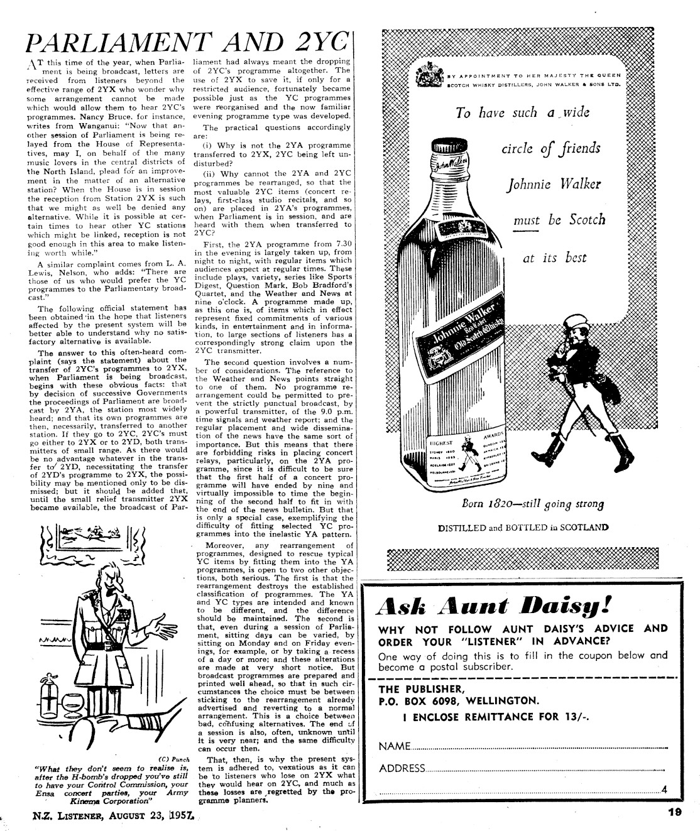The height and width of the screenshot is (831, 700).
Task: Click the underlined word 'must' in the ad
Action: coord(526,220)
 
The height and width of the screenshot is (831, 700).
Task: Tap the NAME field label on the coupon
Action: coord(394,746)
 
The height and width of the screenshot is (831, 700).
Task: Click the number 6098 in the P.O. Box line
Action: coord(452,700)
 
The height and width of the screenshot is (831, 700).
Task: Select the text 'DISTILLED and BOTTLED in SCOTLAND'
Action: coord(523,528)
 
